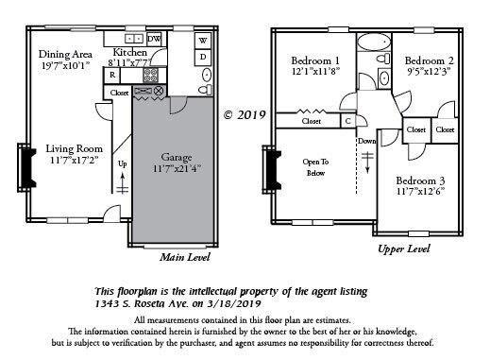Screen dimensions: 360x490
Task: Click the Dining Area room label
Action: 64,54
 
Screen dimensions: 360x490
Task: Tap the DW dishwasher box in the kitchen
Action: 154,39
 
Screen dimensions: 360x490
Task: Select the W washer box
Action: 202,41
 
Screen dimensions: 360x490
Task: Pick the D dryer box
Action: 202,58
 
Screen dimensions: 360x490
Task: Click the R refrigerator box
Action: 112,74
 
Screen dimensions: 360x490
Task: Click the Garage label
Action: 178,157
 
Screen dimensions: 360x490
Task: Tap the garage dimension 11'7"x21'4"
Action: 178,168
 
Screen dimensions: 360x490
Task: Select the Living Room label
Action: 75,148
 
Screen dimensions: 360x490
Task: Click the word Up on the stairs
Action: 122,163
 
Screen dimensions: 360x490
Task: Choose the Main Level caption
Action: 185,256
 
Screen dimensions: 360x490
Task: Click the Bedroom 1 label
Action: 316,61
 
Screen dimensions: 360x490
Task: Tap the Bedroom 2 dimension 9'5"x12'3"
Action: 431,70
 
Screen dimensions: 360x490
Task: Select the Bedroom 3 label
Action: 420,180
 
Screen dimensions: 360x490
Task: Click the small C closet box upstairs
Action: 349,121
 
